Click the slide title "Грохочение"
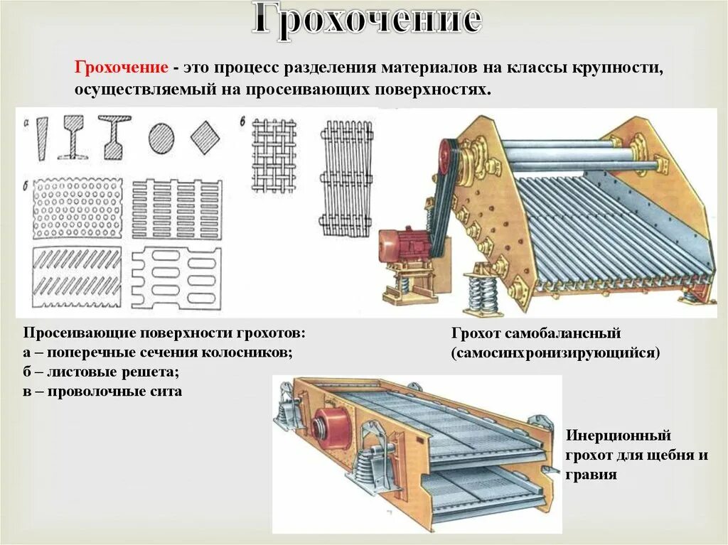click(x=367, y=22)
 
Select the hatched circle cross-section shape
click(x=162, y=137)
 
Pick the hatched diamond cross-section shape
click(x=205, y=136)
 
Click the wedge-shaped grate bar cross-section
click(x=41, y=137)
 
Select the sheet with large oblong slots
click(x=177, y=278)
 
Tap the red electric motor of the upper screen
click(x=401, y=246)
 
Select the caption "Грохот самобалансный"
click(x=536, y=333)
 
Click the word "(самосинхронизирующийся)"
click(x=555, y=352)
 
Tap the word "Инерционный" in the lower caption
click(x=619, y=436)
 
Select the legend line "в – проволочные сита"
click(x=102, y=391)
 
